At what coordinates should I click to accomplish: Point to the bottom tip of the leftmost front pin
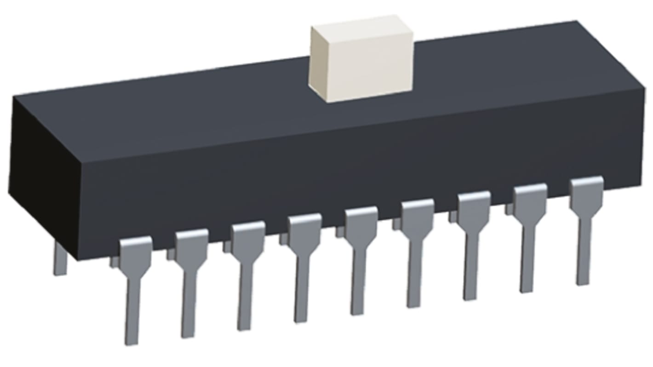(132, 341)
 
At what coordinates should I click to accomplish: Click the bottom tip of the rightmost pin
(583, 281)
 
